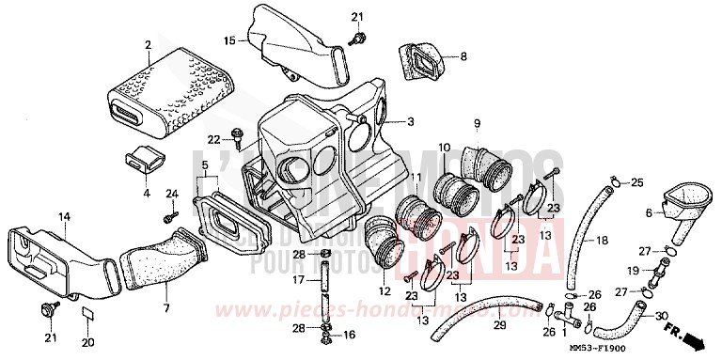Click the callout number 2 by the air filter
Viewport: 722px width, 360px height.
(x=148, y=44)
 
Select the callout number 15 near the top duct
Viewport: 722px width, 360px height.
(x=228, y=40)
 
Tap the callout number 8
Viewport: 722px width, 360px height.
(x=462, y=57)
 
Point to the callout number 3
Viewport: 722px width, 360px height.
(x=410, y=122)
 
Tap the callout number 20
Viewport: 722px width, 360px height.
(x=87, y=340)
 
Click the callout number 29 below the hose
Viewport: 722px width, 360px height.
(x=499, y=325)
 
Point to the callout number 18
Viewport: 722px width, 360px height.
(x=603, y=242)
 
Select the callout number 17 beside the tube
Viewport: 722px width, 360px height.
(x=298, y=279)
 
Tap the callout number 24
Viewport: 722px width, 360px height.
(x=171, y=194)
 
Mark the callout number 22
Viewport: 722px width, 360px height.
(x=213, y=139)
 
